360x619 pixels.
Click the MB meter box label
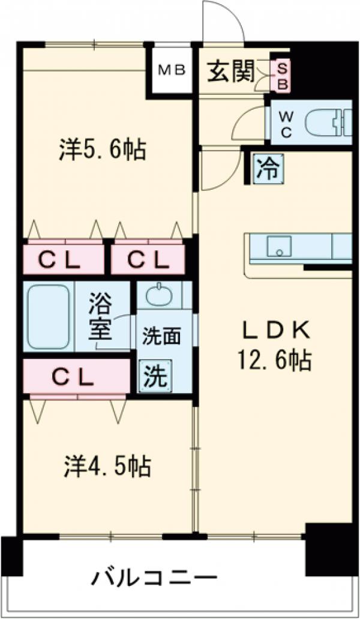click(x=170, y=70)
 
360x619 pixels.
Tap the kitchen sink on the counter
click(x=278, y=247)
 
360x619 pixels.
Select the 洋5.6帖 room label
click(x=103, y=149)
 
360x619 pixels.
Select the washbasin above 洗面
click(x=160, y=295)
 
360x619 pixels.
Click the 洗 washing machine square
click(x=155, y=376)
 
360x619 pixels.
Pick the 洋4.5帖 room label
click(x=108, y=465)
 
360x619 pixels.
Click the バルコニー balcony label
click(x=154, y=579)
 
